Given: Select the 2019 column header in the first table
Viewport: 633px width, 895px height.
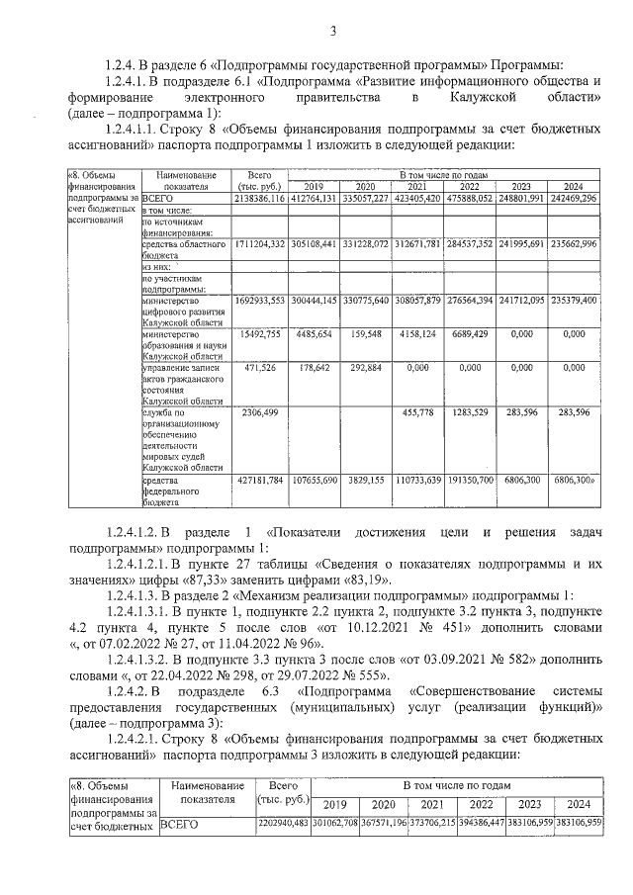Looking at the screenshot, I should click(x=313, y=187).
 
